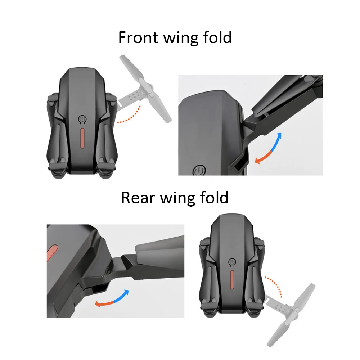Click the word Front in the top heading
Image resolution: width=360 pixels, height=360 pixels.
coord(138,37)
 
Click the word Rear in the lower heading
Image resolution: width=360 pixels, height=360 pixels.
coord(138,198)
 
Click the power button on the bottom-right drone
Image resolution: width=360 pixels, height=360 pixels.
coord(232,262)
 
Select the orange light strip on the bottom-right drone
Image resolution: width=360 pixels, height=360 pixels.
coord(232,279)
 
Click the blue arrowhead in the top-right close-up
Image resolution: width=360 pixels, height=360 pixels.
coord(279,136)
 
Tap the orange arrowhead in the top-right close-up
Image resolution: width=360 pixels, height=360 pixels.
coord(258,161)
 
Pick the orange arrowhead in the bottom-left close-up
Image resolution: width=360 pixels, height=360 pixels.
coord(98,304)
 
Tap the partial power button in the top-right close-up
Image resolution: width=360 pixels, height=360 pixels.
coord(199,170)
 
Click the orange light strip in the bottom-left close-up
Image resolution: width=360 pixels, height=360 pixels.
coord(52,253)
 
